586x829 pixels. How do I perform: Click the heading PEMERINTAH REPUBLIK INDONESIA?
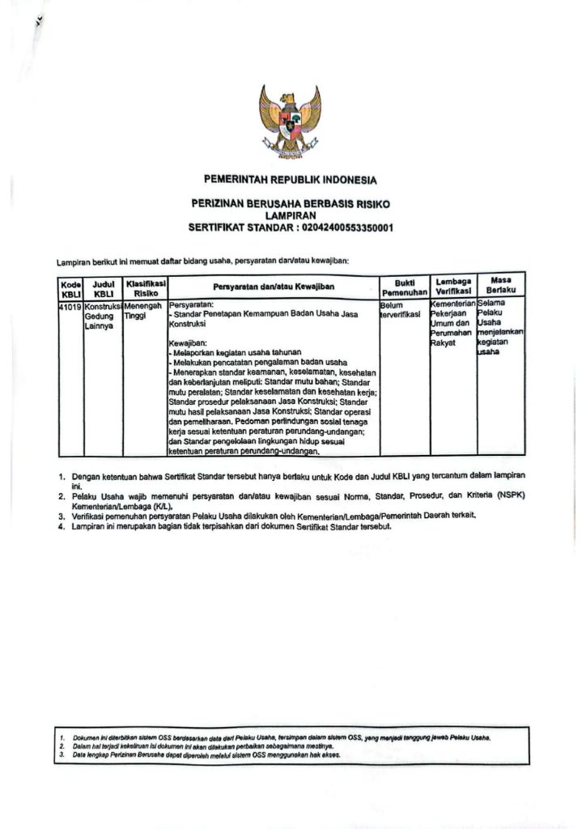coord(291,180)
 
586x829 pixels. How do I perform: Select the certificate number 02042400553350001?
coord(346,228)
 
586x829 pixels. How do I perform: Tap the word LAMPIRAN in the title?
coord(291,216)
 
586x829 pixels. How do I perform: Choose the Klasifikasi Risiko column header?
coord(146,287)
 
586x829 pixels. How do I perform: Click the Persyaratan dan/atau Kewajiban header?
coord(274,287)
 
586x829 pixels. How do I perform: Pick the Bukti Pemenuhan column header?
coord(404,287)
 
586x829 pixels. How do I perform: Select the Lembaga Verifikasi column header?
coord(453,287)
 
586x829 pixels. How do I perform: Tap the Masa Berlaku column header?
coord(501,284)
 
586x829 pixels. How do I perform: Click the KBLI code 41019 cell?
coord(70,307)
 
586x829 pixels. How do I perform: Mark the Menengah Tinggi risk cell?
coord(144,312)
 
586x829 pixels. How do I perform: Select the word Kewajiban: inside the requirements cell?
coord(186,343)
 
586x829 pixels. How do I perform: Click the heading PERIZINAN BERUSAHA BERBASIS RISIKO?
coord(291,204)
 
